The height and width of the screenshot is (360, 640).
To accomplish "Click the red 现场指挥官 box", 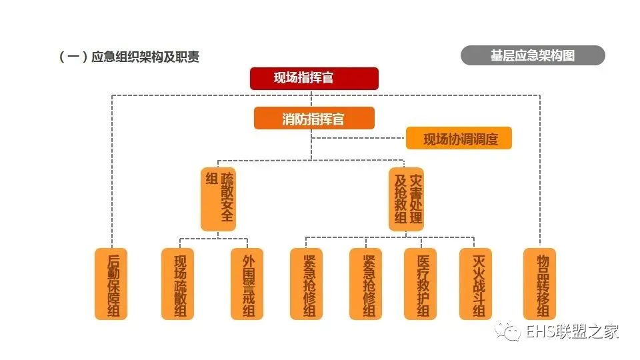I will click(x=314, y=78).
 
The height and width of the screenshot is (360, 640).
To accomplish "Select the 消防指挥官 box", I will click(x=314, y=119).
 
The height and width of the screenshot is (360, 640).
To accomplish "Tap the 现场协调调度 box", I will click(x=459, y=139).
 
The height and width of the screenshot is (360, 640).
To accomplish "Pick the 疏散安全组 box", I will click(x=219, y=199).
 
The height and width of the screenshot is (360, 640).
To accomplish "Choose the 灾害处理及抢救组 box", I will click(x=406, y=199).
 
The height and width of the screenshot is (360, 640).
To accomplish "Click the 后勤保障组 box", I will click(x=111, y=284).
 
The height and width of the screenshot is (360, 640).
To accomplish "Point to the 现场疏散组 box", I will click(x=178, y=284).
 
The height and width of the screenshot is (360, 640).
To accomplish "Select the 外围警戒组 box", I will click(x=247, y=284).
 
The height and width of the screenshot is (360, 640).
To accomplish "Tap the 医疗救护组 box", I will click(x=421, y=284).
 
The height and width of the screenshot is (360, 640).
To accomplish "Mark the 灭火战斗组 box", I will click(x=475, y=284).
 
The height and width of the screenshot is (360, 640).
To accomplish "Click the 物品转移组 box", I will click(x=539, y=284).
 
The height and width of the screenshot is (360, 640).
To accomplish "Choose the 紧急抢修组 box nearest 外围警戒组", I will click(x=306, y=284).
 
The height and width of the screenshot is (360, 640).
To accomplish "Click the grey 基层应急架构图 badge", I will click(x=533, y=55).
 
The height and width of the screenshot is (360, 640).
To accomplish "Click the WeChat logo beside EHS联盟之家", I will click(x=511, y=330).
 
